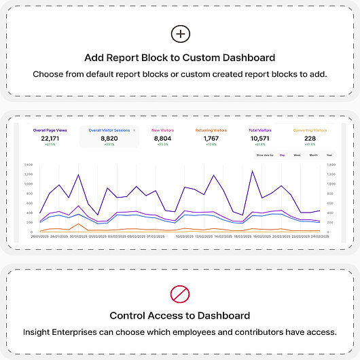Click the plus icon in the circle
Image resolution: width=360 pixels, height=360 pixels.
180,34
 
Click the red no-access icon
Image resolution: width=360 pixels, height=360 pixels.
180,293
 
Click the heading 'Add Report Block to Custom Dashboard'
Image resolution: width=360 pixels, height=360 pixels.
180,58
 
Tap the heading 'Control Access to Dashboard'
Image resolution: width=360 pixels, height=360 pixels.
180,316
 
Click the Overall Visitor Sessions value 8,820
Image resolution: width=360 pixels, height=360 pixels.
109,138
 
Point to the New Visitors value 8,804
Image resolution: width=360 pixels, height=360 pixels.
164,138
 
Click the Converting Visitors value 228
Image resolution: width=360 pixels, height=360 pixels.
310,138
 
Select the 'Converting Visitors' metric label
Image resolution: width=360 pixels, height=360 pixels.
310,129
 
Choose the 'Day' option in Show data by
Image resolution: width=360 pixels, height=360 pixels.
281,155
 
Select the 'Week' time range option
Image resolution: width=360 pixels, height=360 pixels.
297,155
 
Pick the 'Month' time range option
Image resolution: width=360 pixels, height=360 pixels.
313,155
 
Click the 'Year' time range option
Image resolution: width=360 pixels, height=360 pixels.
329,155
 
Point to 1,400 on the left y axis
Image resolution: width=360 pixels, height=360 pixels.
28,164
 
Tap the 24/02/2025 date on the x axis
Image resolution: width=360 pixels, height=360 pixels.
320,236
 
